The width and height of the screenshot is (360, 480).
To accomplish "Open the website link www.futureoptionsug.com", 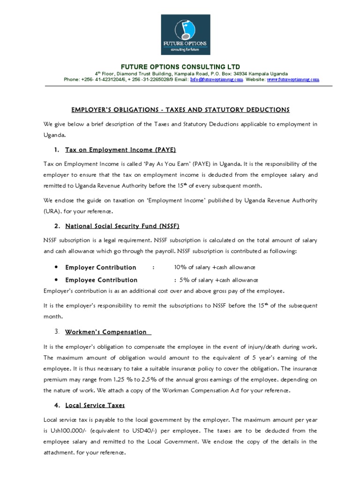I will click(x=293, y=80).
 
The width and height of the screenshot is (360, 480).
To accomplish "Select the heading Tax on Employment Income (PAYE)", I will click(x=120, y=150).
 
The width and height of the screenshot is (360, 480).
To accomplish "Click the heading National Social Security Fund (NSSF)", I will click(x=122, y=226).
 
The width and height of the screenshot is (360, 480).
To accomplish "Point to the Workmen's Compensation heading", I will click(x=106, y=332).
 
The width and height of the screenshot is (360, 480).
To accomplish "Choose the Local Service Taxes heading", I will click(x=95, y=405).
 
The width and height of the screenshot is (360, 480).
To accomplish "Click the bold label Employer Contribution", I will click(x=101, y=267).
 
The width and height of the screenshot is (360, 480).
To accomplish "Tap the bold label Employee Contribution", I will click(x=101, y=280).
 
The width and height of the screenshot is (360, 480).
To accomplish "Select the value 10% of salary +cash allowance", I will click(x=214, y=267).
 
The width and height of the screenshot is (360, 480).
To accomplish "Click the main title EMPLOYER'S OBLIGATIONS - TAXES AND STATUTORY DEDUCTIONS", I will click(x=180, y=110).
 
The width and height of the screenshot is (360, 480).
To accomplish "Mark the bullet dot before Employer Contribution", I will click(x=56, y=267).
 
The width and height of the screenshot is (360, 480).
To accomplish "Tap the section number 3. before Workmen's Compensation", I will click(x=56, y=332).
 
